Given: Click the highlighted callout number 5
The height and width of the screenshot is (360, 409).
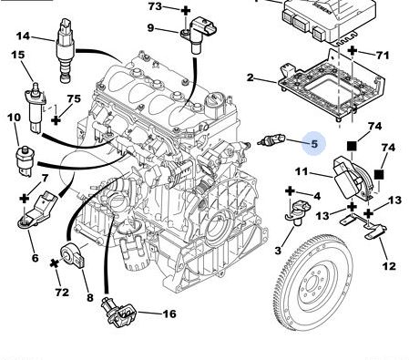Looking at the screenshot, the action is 314,144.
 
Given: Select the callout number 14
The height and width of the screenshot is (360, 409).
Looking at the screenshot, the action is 23,36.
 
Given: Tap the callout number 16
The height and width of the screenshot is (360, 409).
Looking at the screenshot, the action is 169,314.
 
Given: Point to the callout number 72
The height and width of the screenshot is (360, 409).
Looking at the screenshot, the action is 62,293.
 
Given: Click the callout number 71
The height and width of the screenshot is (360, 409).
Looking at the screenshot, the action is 383,56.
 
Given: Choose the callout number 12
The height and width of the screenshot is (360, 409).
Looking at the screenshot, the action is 389,266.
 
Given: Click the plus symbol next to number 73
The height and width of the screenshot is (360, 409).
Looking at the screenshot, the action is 186,11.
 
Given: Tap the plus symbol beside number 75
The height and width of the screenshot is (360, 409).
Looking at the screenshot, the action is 56,120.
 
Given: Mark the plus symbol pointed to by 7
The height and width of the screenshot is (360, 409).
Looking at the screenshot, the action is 24,200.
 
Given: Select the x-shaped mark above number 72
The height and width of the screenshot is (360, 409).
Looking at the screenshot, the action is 55,263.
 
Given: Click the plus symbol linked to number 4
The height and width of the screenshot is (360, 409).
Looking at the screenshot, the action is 291,191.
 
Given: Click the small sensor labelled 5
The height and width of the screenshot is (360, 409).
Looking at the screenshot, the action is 271,140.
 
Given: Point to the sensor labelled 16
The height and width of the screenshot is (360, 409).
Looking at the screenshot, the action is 118,313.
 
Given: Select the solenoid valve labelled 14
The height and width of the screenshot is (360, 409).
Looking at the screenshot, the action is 66,50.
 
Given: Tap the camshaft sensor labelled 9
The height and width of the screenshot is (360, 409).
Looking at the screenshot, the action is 199,34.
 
